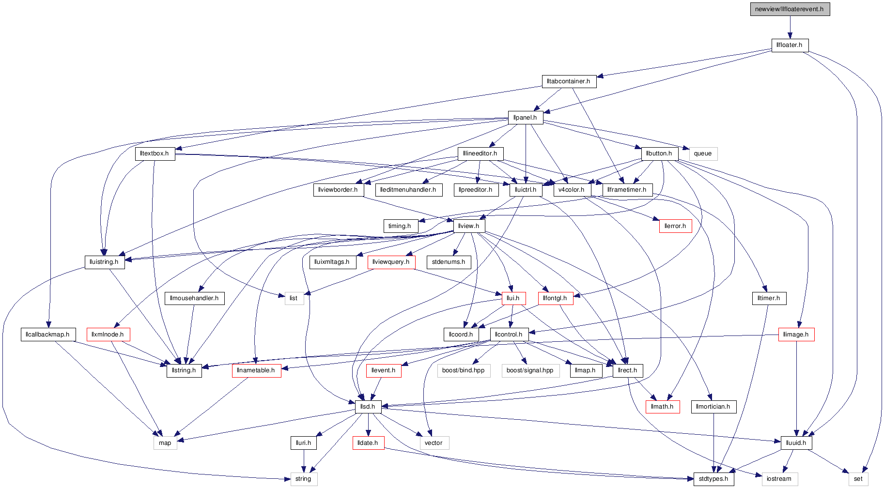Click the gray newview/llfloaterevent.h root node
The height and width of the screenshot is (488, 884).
(x=790, y=9)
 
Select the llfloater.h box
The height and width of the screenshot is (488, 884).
(x=790, y=45)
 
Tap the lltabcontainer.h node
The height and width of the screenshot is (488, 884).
(x=569, y=81)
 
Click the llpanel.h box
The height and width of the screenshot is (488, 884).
(x=525, y=118)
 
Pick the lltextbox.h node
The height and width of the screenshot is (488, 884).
(x=155, y=153)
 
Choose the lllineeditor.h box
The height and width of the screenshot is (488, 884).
(x=480, y=153)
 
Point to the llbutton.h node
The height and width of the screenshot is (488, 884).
(x=659, y=153)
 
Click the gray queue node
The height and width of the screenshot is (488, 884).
(x=703, y=154)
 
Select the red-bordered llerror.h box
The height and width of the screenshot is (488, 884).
(x=675, y=226)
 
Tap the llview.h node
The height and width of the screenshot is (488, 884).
(x=469, y=226)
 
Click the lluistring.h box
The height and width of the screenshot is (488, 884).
(x=104, y=262)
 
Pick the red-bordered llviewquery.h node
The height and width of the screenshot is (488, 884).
(x=391, y=262)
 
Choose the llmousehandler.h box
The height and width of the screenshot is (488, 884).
(x=194, y=298)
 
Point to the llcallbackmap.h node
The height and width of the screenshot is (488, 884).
(x=47, y=335)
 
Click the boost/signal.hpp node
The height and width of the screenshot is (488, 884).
(x=530, y=370)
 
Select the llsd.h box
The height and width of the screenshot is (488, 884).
(x=368, y=407)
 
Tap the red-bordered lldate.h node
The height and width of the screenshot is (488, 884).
(x=368, y=443)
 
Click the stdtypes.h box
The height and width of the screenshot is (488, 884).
(x=713, y=479)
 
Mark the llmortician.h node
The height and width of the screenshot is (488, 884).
(x=713, y=407)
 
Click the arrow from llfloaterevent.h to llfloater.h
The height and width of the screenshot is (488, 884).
(x=790, y=27)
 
